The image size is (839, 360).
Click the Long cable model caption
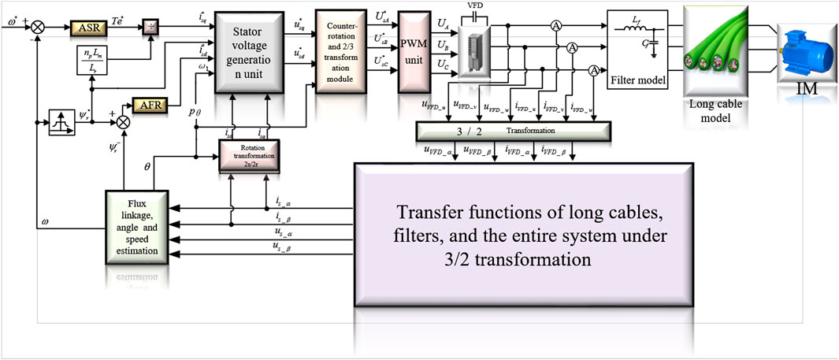tap(715, 113)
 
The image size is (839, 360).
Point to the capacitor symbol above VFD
tap(474, 13)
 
